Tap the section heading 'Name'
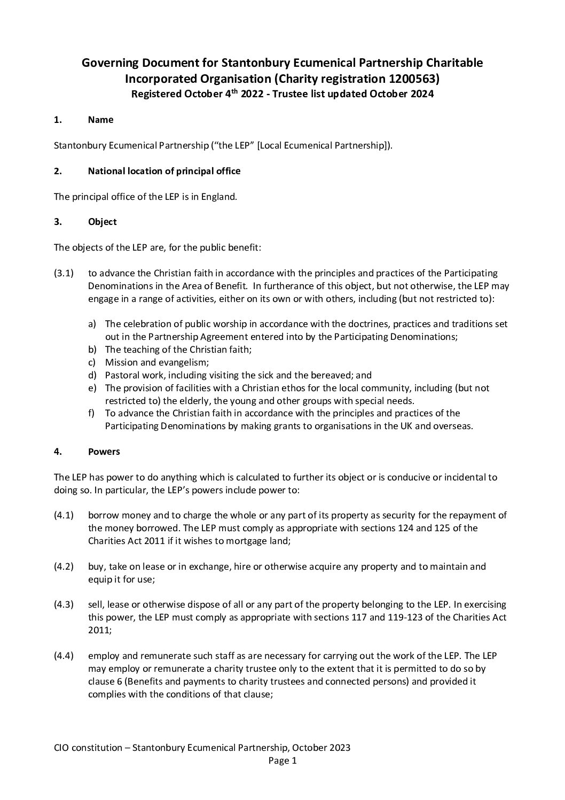click(100, 120)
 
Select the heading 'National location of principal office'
click(164, 171)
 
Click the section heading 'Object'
click(102, 222)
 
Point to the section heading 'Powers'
click(104, 452)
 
